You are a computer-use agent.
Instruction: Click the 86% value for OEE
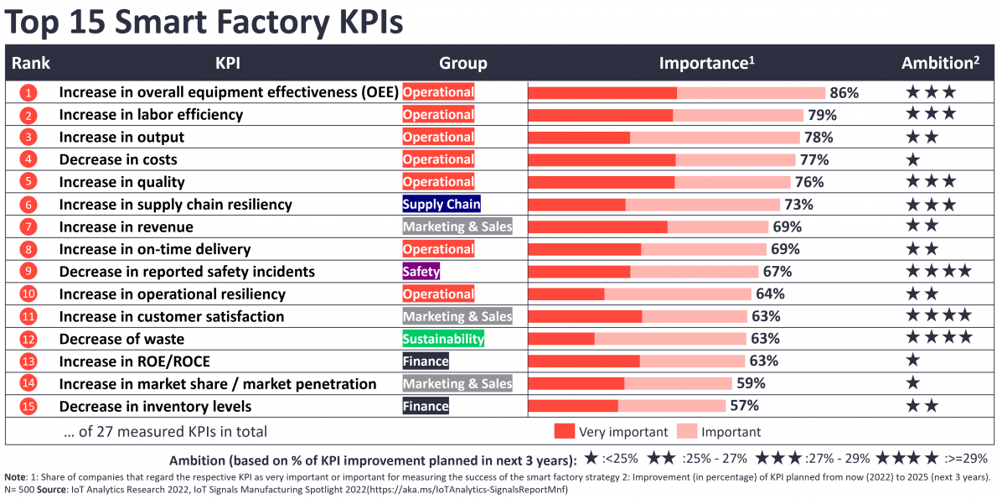(844, 92)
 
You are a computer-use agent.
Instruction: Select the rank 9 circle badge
(28, 272)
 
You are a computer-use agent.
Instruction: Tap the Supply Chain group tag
(442, 205)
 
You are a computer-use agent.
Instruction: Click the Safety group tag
(421, 272)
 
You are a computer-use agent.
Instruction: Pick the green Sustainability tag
(443, 339)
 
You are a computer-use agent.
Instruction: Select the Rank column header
(31, 63)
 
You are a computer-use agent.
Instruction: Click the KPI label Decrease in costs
(118, 159)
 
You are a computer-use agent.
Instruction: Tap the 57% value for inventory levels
(744, 406)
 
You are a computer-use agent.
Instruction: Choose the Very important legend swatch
(564, 432)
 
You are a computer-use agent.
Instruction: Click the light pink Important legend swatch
(686, 432)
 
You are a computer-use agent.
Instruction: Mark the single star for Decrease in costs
(913, 159)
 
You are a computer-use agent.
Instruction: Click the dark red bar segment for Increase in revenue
(597, 226)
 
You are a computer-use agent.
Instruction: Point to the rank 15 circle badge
(28, 406)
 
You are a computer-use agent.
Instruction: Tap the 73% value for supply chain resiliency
(798, 205)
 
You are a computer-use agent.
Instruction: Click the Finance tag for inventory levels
(426, 406)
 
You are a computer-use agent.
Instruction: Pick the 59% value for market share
(750, 383)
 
